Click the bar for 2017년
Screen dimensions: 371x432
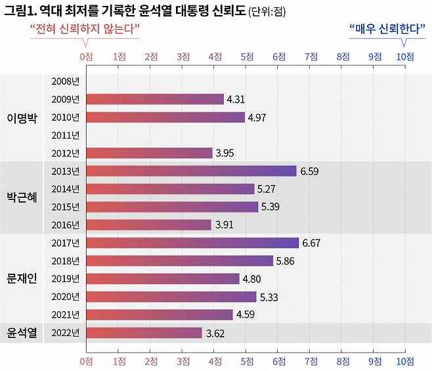[x=192, y=243]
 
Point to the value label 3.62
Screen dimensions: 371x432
[x=215, y=334]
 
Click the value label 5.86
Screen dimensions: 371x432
[x=284, y=261]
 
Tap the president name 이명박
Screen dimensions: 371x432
[x=22, y=118]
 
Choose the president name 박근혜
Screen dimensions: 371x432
[x=22, y=197]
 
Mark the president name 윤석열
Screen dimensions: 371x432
[x=22, y=333]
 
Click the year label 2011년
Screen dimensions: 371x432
[x=64, y=136]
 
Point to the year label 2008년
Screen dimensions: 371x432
[x=64, y=82]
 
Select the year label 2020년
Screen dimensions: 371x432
[x=64, y=297]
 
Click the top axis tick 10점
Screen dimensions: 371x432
[x=404, y=57]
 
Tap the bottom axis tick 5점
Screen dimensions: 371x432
[x=246, y=361]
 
